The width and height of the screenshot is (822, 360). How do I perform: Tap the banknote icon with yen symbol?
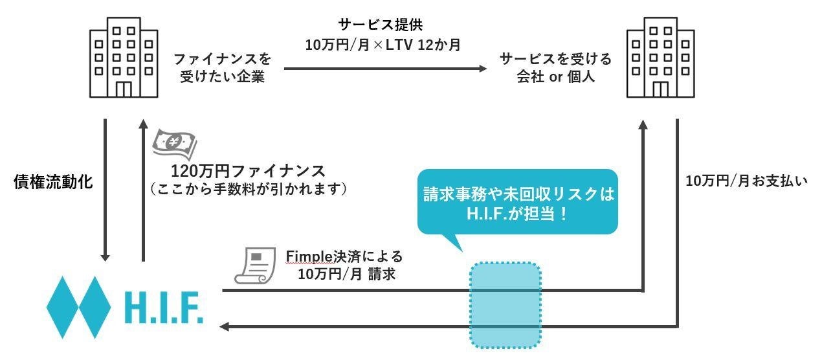tap(173, 145)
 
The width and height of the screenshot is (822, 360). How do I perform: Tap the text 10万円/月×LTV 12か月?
tap(383, 46)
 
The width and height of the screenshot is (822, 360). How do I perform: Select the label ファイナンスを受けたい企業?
tap(222, 68)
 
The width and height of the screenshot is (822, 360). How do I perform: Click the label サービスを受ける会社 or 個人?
tap(555, 68)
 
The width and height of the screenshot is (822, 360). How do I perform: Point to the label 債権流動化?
tap(53, 182)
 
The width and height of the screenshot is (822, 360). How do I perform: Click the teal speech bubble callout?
tap(517, 201)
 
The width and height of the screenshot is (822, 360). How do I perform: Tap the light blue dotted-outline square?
tap(505, 304)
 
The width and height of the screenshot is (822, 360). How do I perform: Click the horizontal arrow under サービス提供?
tap(386, 68)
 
